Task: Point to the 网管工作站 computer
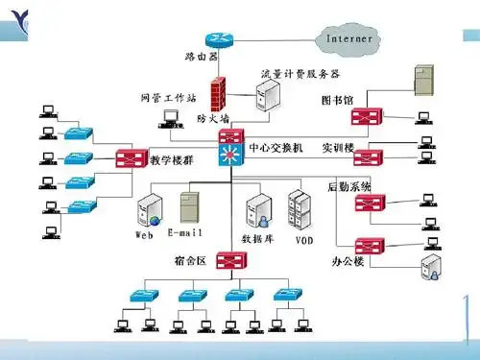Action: (x=171, y=118)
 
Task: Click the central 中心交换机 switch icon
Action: (x=231, y=150)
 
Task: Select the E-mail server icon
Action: (x=190, y=208)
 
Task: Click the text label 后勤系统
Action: (x=348, y=185)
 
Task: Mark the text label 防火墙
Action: (x=213, y=119)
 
